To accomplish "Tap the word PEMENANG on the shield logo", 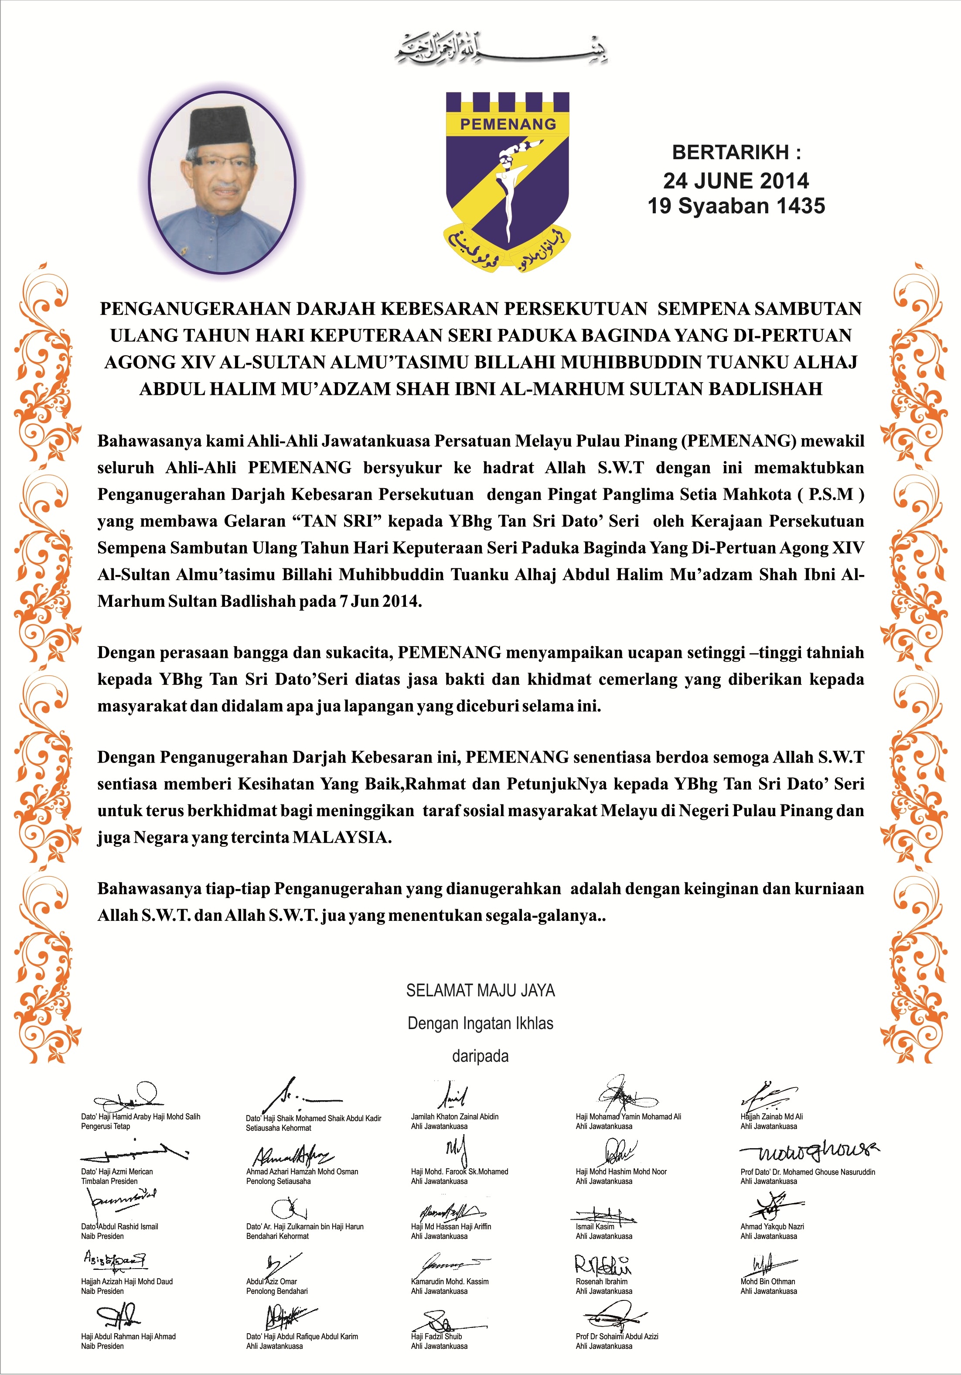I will click(x=508, y=124).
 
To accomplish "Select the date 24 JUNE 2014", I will click(x=736, y=180).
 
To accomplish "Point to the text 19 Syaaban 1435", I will click(x=736, y=206).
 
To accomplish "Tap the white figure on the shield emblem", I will click(x=509, y=180).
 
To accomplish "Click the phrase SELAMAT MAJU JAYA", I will click(x=480, y=991).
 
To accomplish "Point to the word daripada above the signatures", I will click(x=480, y=1056).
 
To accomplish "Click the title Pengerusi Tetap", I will click(x=106, y=1126).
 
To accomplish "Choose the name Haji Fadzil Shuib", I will click(x=436, y=1336).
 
